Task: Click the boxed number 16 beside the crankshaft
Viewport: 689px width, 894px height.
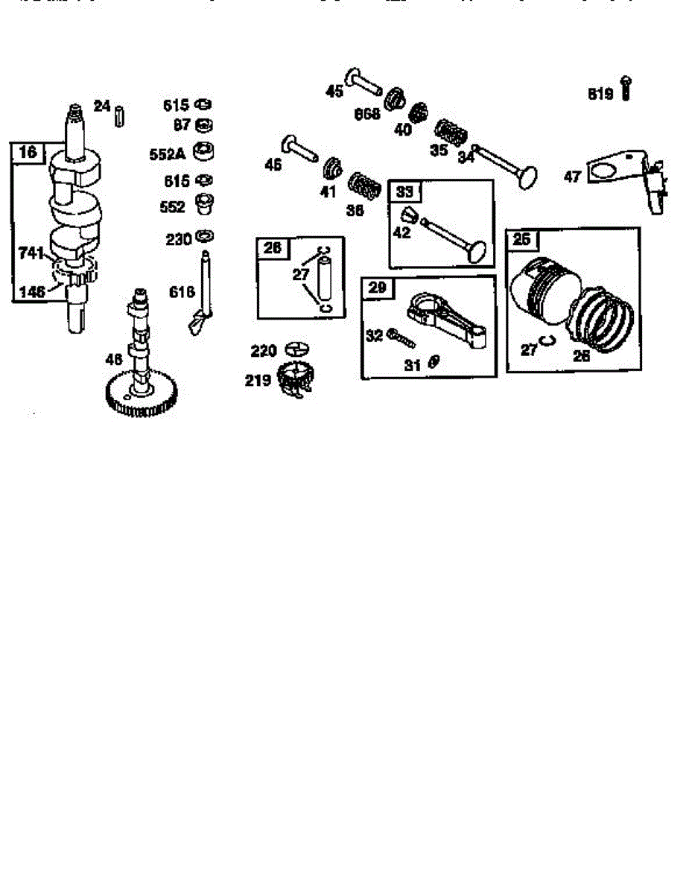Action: coord(28,152)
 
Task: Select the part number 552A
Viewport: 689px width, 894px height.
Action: coord(167,154)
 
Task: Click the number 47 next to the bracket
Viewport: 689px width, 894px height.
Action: coord(571,177)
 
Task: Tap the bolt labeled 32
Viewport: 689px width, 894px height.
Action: coord(400,339)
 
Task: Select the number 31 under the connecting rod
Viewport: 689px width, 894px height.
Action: coord(413,364)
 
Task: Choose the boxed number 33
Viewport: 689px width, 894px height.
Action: coord(404,191)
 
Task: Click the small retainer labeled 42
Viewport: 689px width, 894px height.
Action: coord(407,217)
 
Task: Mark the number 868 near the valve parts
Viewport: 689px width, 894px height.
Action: coord(366,113)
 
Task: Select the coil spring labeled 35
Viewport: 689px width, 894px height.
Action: coord(451,133)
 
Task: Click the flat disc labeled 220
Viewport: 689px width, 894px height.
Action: coord(296,348)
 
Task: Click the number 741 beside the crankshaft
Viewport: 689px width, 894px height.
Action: coord(31,254)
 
